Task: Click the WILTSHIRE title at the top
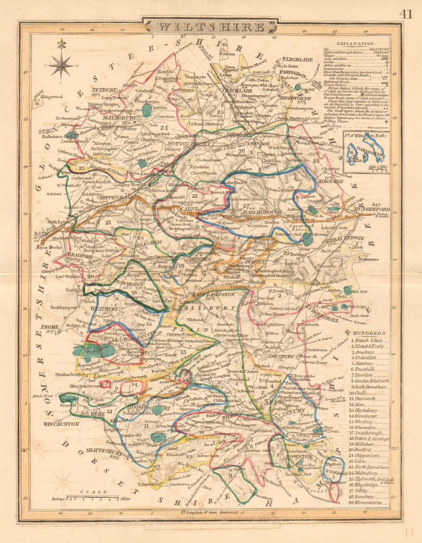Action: coord(211,27)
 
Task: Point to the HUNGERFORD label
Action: coord(372,209)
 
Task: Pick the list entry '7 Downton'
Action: coord(363,375)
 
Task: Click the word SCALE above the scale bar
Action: coord(100,492)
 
